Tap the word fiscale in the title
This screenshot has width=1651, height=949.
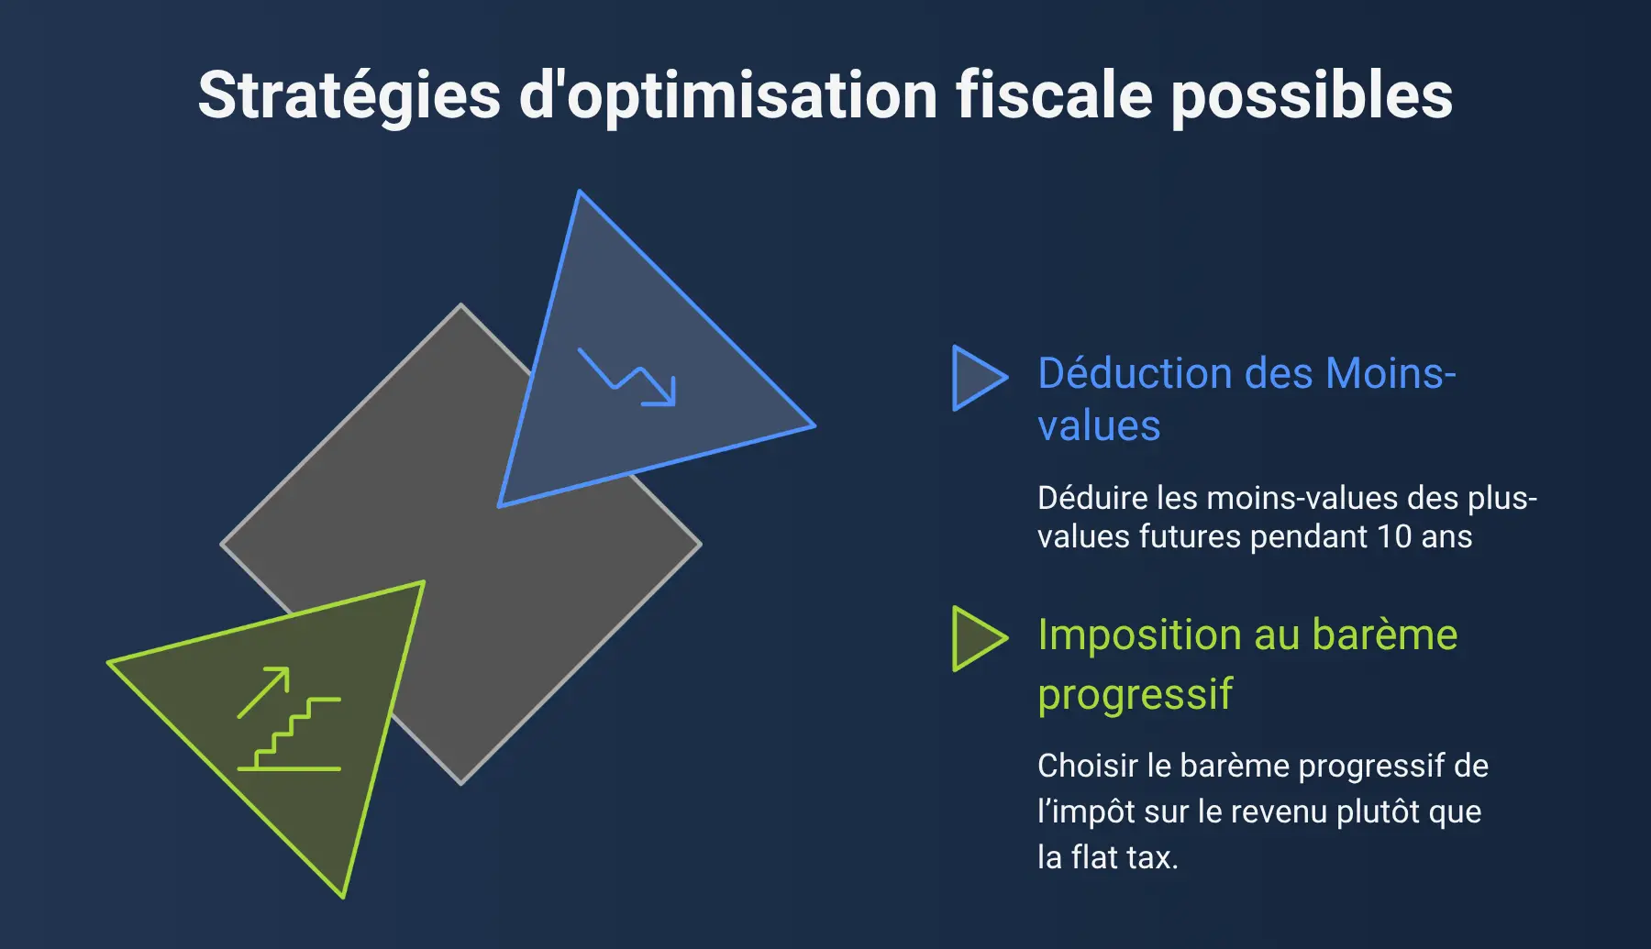[1054, 94]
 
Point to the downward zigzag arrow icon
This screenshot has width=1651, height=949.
[626, 376]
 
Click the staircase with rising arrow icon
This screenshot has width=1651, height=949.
[289, 718]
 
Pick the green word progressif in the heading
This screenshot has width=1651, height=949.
[1135, 695]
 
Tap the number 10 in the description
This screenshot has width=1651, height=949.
[1394, 536]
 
